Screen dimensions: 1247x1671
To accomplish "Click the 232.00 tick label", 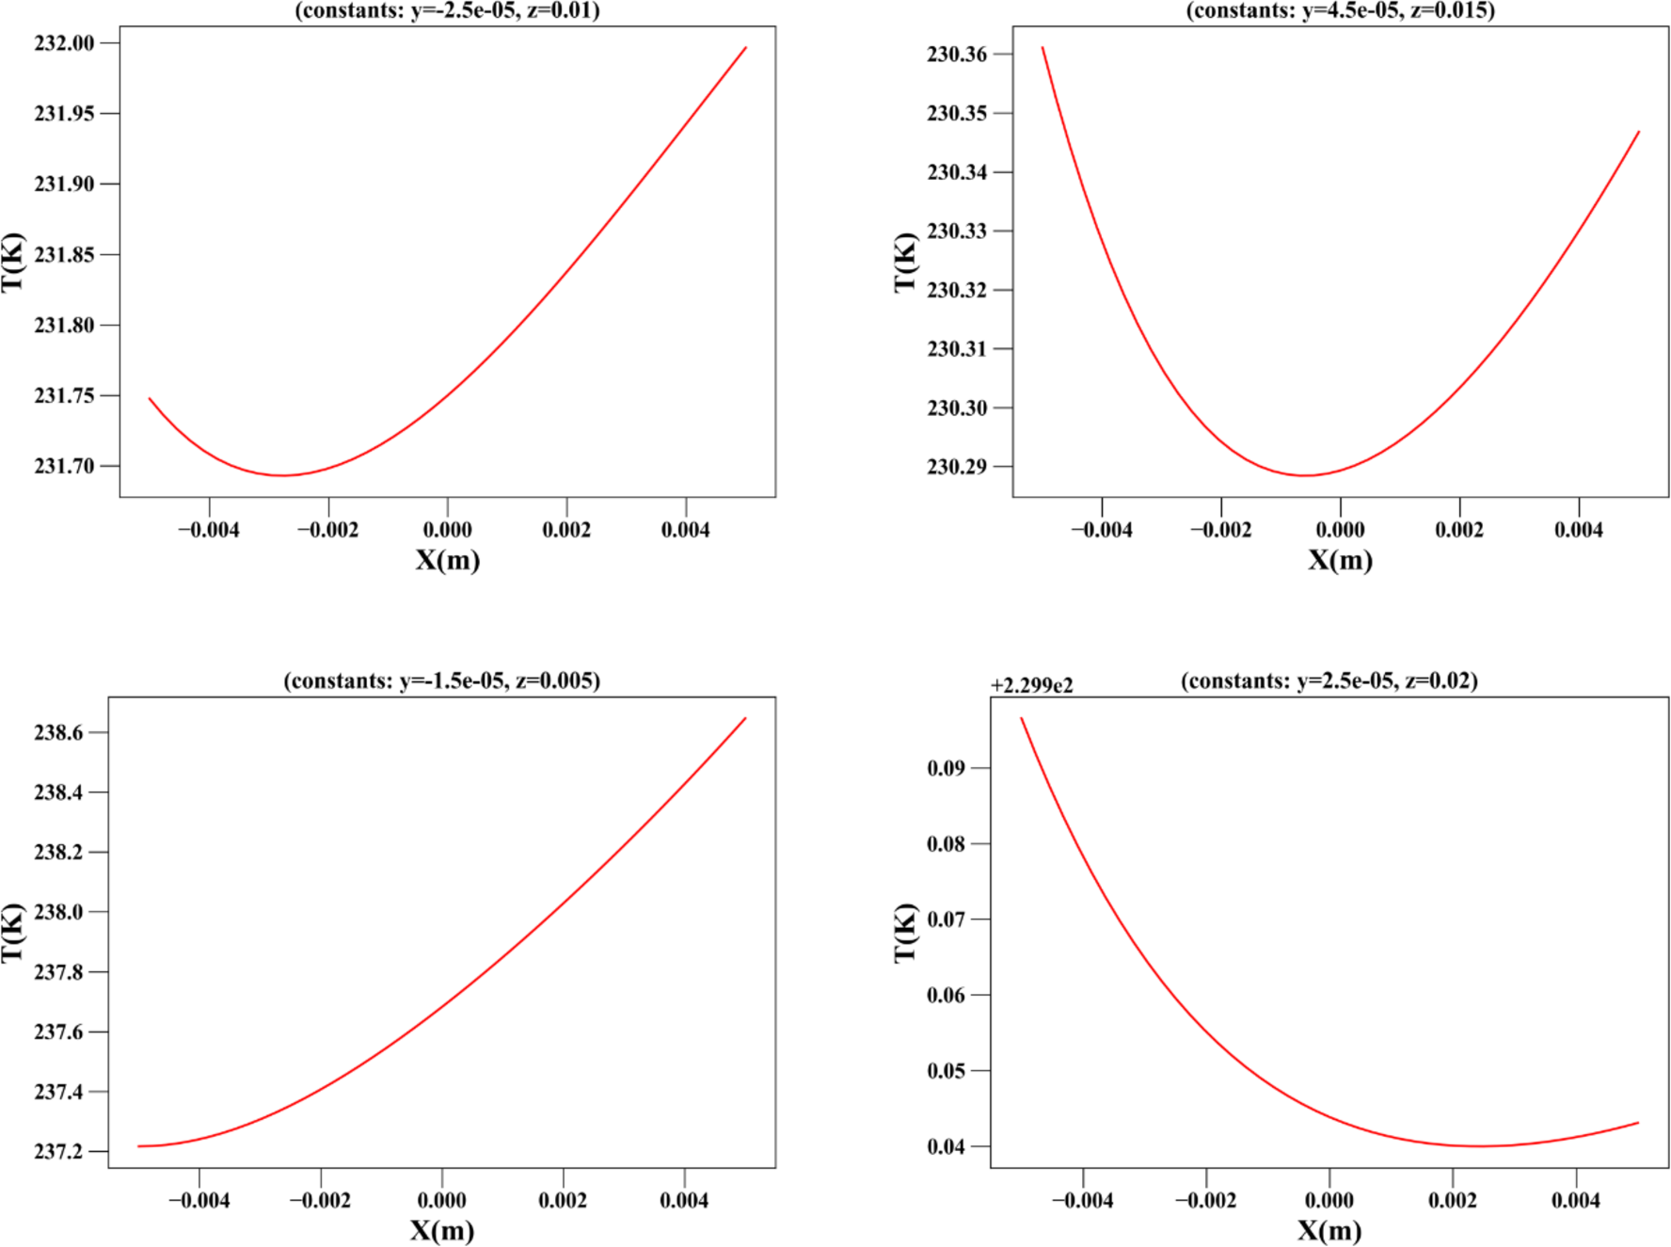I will (64, 43).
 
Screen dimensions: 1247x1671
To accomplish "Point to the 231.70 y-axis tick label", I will (64, 466).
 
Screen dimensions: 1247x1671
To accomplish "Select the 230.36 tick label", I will (957, 55).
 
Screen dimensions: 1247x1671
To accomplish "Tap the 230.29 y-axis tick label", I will (957, 467).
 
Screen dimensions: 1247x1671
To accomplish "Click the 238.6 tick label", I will (58, 732).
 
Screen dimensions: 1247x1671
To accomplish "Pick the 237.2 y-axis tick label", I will (58, 1151).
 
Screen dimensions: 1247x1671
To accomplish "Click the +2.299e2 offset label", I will (1031, 685).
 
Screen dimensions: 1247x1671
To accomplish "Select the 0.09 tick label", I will (946, 768).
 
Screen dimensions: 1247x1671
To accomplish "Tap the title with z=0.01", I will (447, 10).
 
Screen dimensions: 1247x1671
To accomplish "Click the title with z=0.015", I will (1340, 10).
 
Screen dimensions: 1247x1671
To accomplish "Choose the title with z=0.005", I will (441, 680).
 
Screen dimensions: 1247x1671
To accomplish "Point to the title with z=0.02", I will (1329, 680).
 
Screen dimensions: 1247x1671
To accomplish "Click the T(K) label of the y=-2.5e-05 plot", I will (12, 262).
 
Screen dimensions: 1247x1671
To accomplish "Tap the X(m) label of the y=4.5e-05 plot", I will (1340, 560).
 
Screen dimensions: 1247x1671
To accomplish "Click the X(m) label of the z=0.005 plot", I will (441, 1230).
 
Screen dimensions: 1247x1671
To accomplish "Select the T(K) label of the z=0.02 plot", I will (904, 932).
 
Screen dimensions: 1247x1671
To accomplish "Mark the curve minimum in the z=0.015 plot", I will (1305, 475).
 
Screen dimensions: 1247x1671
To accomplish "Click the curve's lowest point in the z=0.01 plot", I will (282, 475).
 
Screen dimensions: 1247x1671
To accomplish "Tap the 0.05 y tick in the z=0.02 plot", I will (946, 1071).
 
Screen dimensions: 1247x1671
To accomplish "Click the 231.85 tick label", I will (64, 255).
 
